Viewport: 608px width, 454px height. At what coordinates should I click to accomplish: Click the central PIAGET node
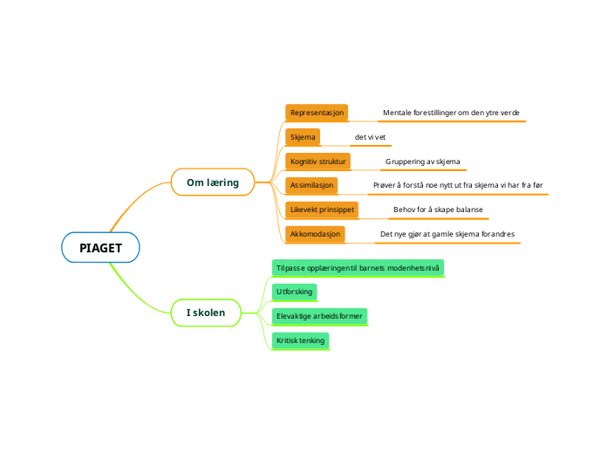100,248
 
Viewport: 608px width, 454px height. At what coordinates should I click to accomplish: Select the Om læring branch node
213,182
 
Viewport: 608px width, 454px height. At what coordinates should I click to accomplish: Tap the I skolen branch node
206,313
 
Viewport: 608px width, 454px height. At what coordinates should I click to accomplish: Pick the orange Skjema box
303,137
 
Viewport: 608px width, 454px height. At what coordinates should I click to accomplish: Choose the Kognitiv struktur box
318,162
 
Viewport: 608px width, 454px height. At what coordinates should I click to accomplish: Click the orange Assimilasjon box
311,185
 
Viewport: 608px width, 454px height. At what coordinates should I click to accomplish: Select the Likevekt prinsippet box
321,210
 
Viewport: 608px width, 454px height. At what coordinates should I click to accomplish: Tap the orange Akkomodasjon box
315,234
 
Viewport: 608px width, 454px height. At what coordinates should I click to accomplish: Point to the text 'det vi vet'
370,138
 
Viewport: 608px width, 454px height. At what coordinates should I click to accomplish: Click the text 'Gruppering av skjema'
422,162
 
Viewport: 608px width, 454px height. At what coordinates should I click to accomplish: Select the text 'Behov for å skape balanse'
438,210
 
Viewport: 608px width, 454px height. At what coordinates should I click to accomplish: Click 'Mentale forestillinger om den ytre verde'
451,113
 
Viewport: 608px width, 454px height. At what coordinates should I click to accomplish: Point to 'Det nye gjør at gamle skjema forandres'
447,234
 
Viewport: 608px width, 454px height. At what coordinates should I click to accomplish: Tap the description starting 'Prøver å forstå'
457,185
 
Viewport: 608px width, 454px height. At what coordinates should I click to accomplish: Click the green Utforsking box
294,291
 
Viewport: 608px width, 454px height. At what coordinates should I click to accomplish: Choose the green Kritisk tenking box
300,340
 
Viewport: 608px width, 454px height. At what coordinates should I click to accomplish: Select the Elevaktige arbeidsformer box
318,315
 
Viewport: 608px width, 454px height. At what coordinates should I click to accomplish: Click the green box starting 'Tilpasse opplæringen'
357,267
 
